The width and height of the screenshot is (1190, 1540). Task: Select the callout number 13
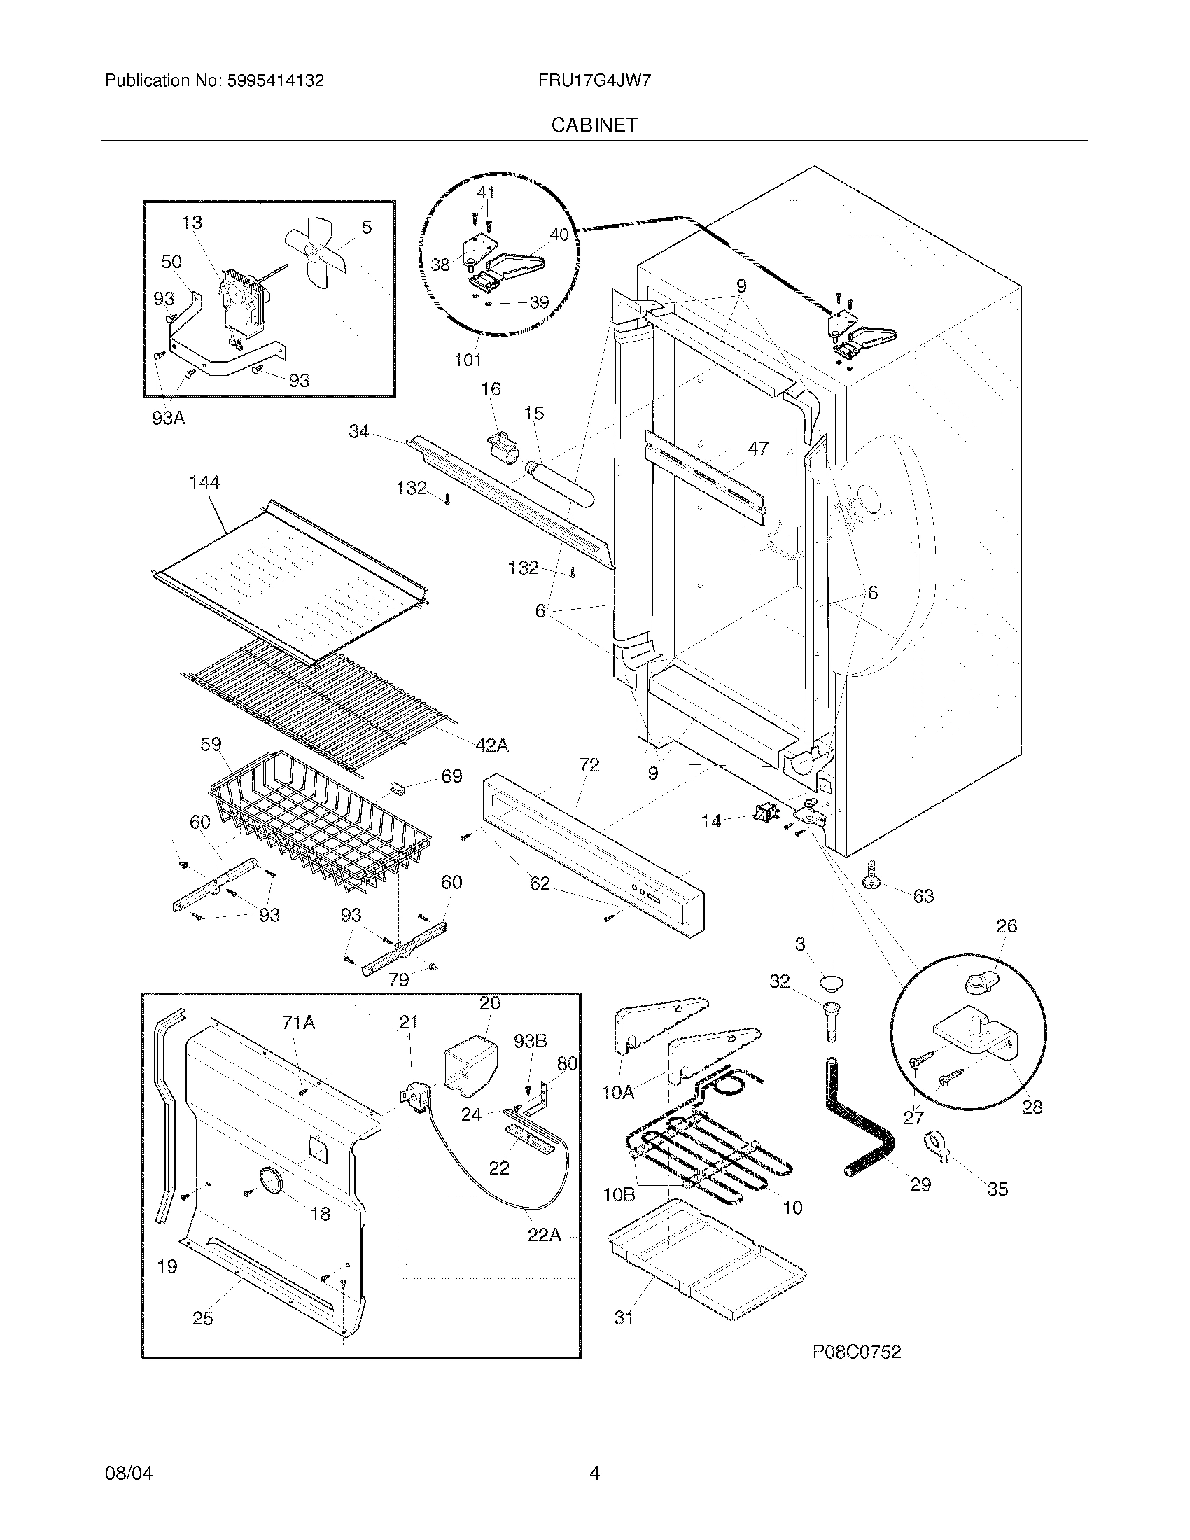[x=192, y=222]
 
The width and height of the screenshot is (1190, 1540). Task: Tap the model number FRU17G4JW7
[x=594, y=80]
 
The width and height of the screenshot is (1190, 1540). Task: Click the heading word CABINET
[x=594, y=125]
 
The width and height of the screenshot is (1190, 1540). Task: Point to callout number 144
[x=204, y=482]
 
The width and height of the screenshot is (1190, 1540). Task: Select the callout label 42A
[x=491, y=745]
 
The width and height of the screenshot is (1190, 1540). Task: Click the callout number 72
[x=589, y=765]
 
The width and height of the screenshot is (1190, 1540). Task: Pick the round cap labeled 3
[x=832, y=983]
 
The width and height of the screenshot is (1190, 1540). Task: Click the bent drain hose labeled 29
[x=860, y=1121]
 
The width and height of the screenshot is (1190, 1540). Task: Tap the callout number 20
[x=489, y=1002]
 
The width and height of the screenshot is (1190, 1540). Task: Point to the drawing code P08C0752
[x=857, y=1351]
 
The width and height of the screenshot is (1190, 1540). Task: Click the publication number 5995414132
[x=275, y=80]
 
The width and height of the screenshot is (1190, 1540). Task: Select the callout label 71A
[x=298, y=1022]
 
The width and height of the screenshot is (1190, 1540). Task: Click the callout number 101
[x=468, y=360]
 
